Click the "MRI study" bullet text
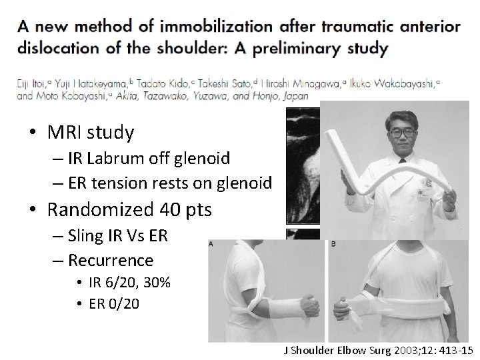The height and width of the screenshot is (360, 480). pyautogui.click(x=91, y=133)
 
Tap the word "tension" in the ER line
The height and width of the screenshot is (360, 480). pyautogui.click(x=130, y=182)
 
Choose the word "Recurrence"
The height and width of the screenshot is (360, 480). pyautogui.click(x=111, y=259)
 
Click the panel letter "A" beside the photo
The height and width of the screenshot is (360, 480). pyautogui.click(x=211, y=244)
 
